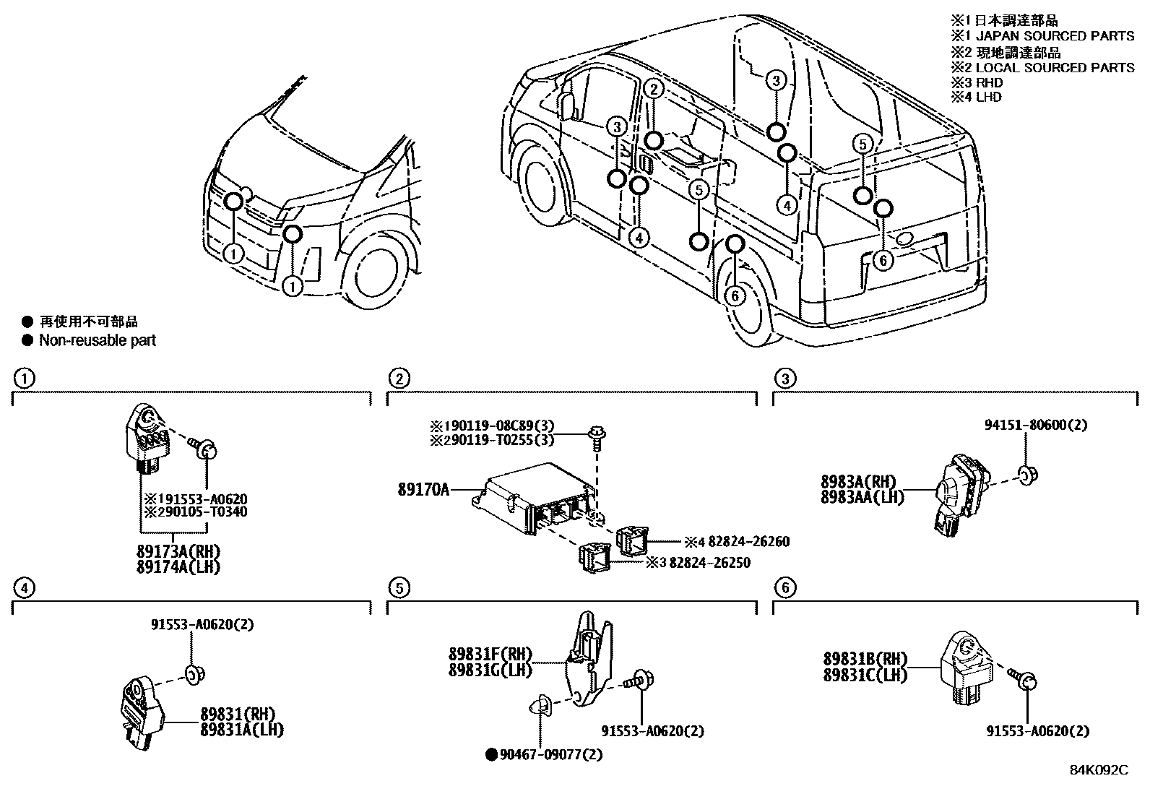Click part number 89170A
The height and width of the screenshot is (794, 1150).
(x=423, y=490)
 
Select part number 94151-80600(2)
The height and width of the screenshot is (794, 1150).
(x=1034, y=425)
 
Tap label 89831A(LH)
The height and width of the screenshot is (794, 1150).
(x=241, y=730)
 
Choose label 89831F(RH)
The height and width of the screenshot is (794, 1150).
(x=490, y=655)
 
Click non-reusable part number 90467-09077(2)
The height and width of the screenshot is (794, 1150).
(x=550, y=755)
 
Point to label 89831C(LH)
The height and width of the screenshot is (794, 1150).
(x=865, y=674)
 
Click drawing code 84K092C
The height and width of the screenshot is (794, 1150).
(x=1098, y=770)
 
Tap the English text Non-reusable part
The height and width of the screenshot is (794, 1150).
(x=98, y=340)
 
